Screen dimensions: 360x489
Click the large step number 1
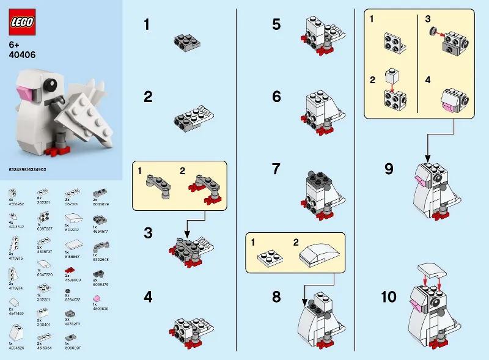pos(147,25)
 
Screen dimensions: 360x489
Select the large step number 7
pos(277,169)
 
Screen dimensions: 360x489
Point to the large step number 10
pos(389,298)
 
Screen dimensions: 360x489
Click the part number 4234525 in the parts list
pos(17,347)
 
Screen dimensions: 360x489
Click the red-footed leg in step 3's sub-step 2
pos(204,183)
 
